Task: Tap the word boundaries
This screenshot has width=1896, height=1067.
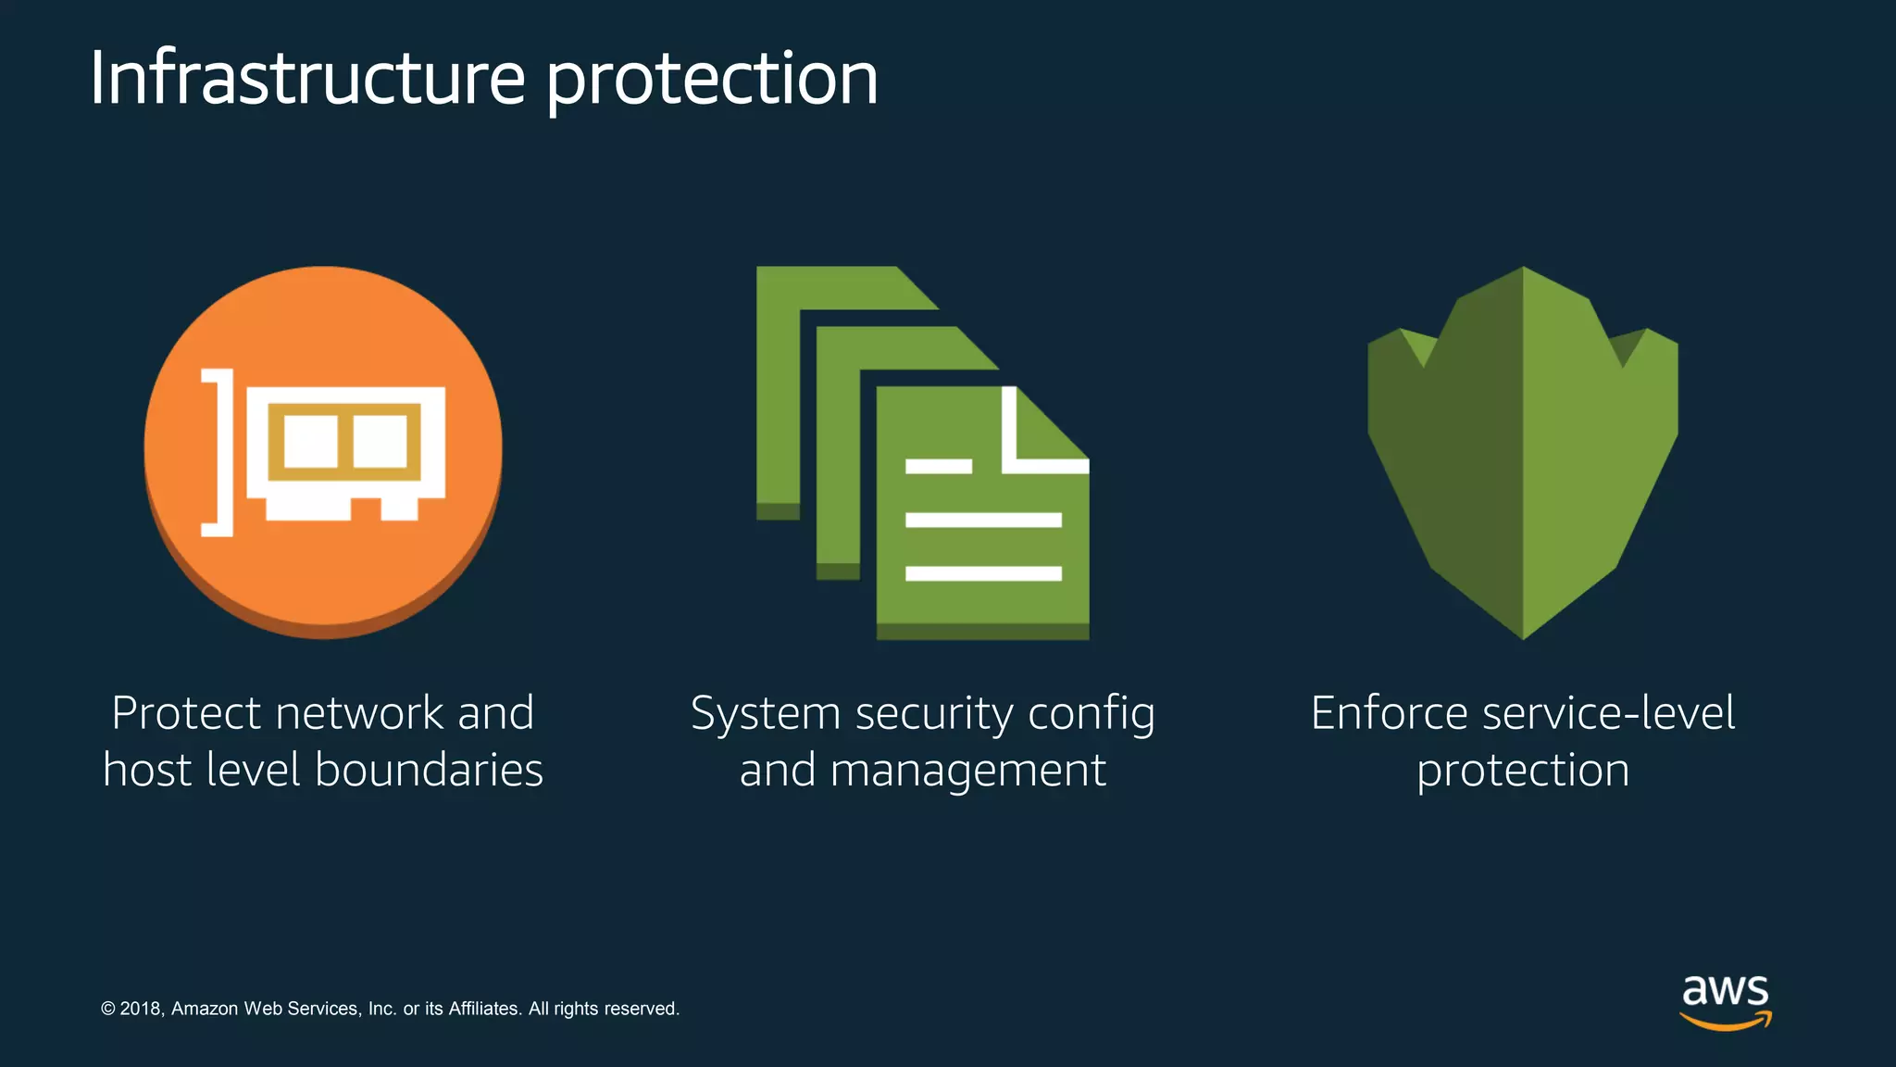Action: point(429,771)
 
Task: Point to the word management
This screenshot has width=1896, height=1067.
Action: point(967,772)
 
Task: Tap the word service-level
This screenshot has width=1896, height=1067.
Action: point(1608,713)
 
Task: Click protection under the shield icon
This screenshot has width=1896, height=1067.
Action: point(1523,772)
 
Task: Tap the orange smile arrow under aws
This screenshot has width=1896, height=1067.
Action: point(1725,1022)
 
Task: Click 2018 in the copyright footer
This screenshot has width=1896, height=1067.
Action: point(141,1009)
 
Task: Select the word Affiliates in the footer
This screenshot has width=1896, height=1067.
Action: point(483,1009)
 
